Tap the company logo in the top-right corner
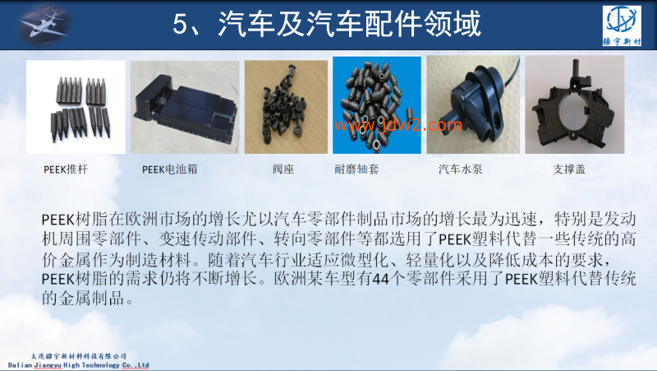point(626,26)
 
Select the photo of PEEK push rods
point(75,105)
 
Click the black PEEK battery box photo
point(184,105)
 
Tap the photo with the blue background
point(376,105)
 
